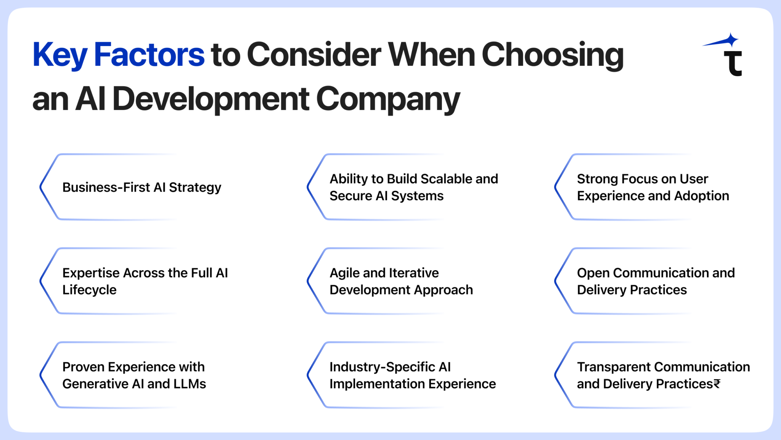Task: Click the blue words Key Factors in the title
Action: (118, 55)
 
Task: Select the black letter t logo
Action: (733, 64)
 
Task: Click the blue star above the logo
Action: (731, 40)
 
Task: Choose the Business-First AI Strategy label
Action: (141, 187)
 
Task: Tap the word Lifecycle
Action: (89, 290)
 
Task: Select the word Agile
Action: (344, 273)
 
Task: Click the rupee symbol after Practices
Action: (717, 384)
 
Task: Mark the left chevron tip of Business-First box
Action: (41, 187)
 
